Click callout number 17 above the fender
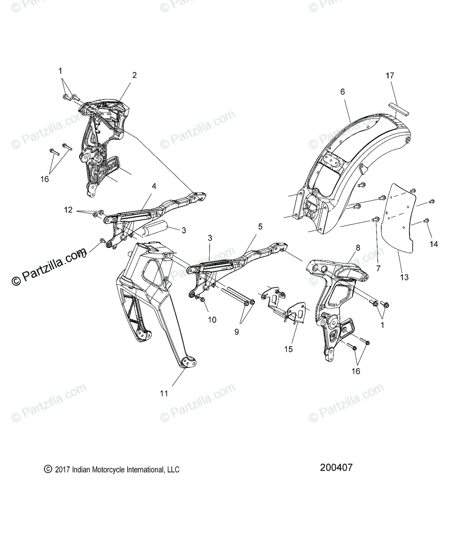(389, 76)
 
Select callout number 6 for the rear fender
(342, 92)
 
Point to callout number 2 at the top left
(134, 75)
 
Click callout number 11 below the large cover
(164, 393)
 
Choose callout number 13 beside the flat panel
(404, 277)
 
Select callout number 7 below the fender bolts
(378, 268)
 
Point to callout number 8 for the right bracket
(358, 248)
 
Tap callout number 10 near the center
(212, 320)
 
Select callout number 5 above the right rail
(260, 227)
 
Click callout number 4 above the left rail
(141, 186)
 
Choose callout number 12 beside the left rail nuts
(68, 210)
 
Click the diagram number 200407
(336, 468)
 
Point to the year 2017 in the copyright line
(61, 470)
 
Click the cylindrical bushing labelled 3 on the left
(153, 229)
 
